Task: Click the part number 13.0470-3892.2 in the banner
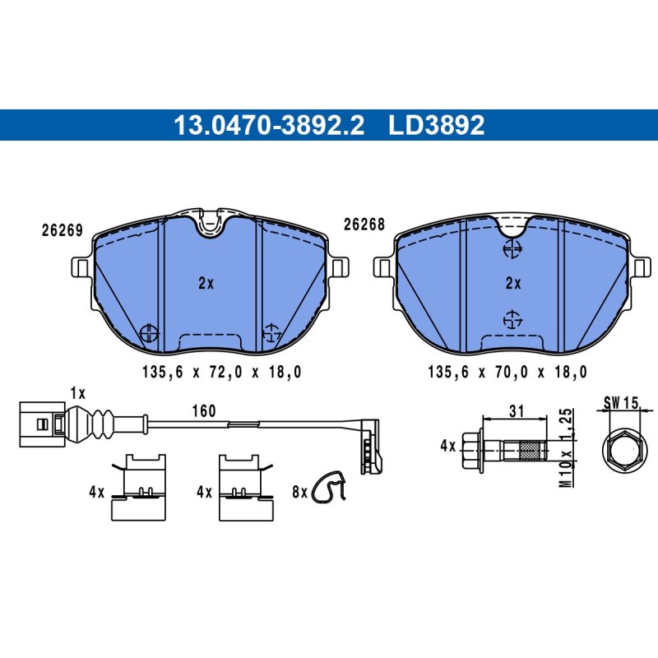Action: pyautogui.click(x=269, y=125)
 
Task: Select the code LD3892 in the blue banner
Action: pyautogui.click(x=437, y=125)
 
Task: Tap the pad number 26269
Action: pyautogui.click(x=63, y=230)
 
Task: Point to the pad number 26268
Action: pyautogui.click(x=364, y=225)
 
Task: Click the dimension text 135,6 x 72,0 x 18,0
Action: pyautogui.click(x=221, y=372)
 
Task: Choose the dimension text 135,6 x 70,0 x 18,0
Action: pyautogui.click(x=507, y=372)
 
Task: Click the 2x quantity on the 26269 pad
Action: pyautogui.click(x=206, y=284)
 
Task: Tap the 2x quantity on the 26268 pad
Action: pyautogui.click(x=513, y=284)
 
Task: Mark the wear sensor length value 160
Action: pyautogui.click(x=204, y=410)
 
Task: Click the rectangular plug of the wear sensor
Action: pyautogui.click(x=42, y=424)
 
